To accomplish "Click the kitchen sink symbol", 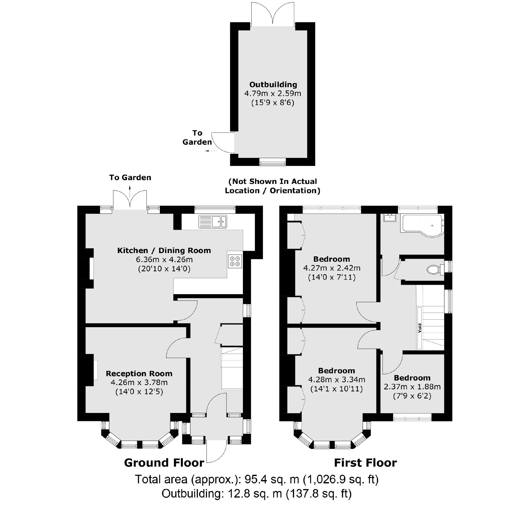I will [213, 221].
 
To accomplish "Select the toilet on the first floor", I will [435, 270].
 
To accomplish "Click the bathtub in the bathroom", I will [423, 226].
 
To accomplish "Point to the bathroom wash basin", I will [390, 218].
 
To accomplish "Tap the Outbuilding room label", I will [273, 84].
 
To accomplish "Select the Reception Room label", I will [139, 374].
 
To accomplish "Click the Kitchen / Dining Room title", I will [164, 250].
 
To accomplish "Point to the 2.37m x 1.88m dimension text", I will [412, 387].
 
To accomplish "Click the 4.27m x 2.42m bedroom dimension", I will [332, 268].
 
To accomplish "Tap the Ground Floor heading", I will [164, 463].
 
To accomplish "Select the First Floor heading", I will [365, 463].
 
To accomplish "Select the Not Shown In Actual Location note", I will [273, 186].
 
